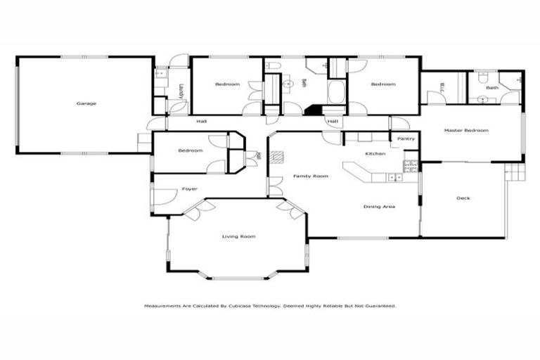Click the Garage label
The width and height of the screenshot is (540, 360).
point(86,103)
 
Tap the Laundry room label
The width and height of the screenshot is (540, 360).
point(181,91)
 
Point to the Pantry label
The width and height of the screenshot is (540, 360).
point(406,139)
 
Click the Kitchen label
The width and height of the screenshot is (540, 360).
point(374,153)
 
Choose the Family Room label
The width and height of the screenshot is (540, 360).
point(311,176)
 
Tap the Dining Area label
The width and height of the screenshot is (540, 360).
point(379,207)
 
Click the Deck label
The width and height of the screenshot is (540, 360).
point(463,198)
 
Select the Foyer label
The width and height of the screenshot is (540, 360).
point(189,189)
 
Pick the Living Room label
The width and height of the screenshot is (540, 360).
point(238,236)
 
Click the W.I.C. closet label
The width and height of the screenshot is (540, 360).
point(443,87)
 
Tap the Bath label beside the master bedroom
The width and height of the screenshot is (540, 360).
point(491,88)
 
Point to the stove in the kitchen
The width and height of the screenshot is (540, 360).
point(410,166)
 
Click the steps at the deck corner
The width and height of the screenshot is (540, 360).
point(515,172)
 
